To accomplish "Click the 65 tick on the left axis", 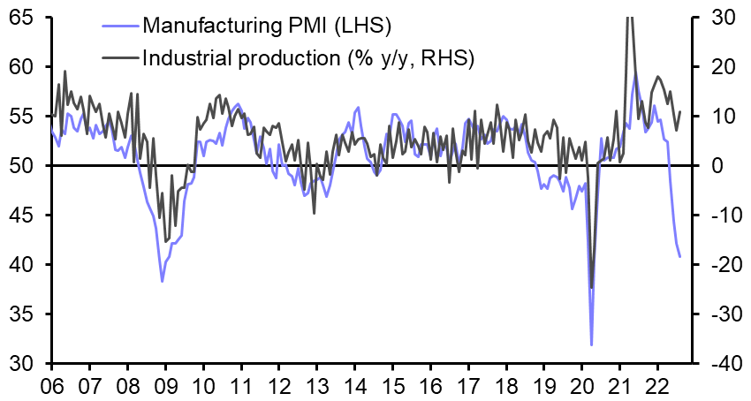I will (x=23, y=18).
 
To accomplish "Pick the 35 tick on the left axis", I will (x=23, y=314).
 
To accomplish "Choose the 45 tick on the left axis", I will (x=23, y=216).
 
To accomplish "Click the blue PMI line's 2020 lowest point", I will (x=591, y=344).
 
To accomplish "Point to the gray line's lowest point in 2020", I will (x=591, y=287).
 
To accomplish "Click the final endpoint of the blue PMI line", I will (x=680, y=257).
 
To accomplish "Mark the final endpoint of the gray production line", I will (x=680, y=111).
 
